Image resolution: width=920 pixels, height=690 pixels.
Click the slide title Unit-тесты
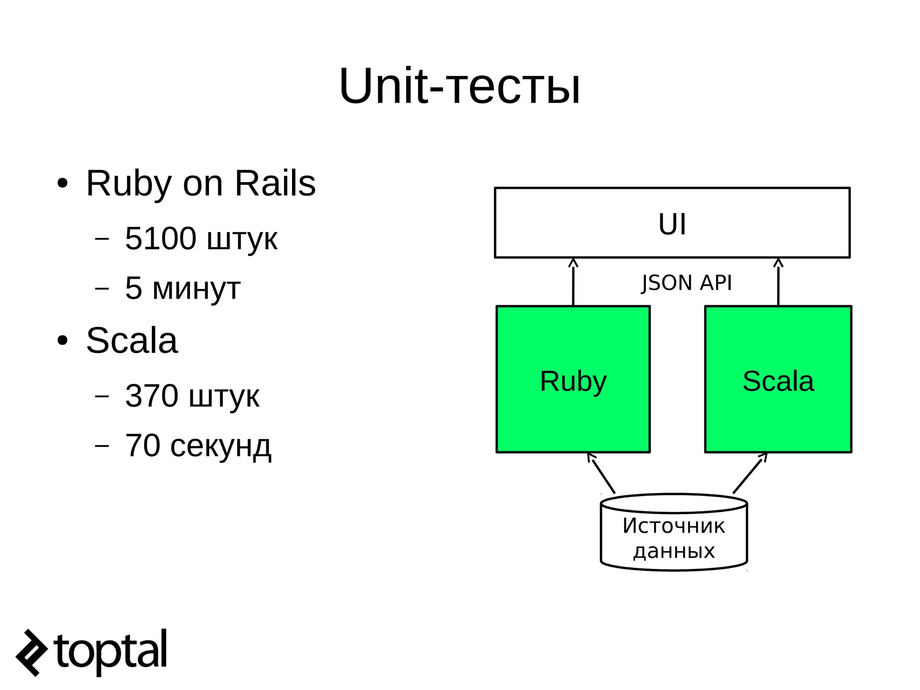tap(459, 86)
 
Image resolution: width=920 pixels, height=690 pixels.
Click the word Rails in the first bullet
tap(275, 183)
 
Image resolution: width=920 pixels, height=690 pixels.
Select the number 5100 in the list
tap(160, 238)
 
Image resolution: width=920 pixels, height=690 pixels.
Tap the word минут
tap(196, 288)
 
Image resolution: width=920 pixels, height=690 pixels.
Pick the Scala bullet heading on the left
tap(132, 340)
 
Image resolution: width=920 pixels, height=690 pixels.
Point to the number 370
tap(151, 396)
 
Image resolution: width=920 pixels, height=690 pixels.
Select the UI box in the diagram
tap(672, 223)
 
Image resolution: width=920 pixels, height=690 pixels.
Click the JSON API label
tap(686, 283)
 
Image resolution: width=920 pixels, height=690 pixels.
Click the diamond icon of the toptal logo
tap(31, 652)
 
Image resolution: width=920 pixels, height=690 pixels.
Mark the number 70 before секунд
tap(142, 446)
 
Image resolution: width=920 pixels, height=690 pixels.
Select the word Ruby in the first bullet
tap(128, 183)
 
